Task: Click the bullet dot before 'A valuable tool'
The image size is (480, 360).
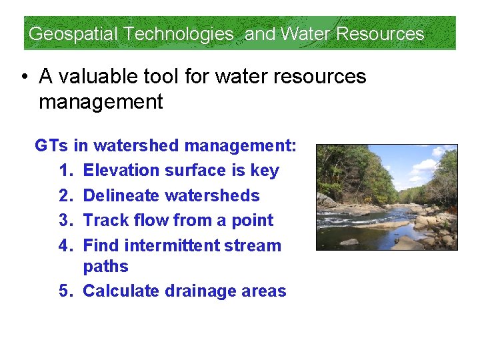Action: click(23, 77)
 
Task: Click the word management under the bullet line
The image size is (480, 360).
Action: click(101, 102)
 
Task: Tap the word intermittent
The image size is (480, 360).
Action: click(171, 246)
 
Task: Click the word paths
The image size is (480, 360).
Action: click(105, 267)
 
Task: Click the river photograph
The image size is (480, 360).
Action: click(387, 197)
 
